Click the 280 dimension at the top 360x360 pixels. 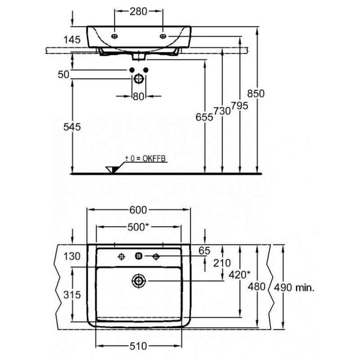(x=138, y=12)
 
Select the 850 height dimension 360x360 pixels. (x=256, y=94)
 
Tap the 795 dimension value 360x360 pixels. (x=239, y=106)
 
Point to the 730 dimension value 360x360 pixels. (x=222, y=111)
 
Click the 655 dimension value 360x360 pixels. (x=204, y=117)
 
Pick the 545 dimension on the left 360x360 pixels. (x=72, y=127)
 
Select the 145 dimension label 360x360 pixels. (x=72, y=40)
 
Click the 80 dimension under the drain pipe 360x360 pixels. (x=139, y=97)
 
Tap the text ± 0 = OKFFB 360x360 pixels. (x=145, y=159)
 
